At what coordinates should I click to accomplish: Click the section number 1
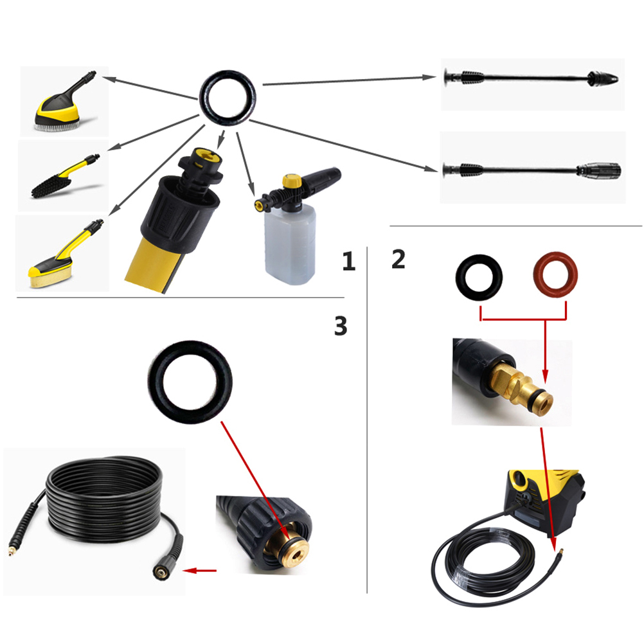[x=349, y=261]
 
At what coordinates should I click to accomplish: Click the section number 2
[x=398, y=259]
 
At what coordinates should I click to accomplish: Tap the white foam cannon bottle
[x=291, y=244]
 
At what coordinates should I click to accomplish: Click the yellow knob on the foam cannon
[x=292, y=181]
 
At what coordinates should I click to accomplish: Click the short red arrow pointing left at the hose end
[x=200, y=571]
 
